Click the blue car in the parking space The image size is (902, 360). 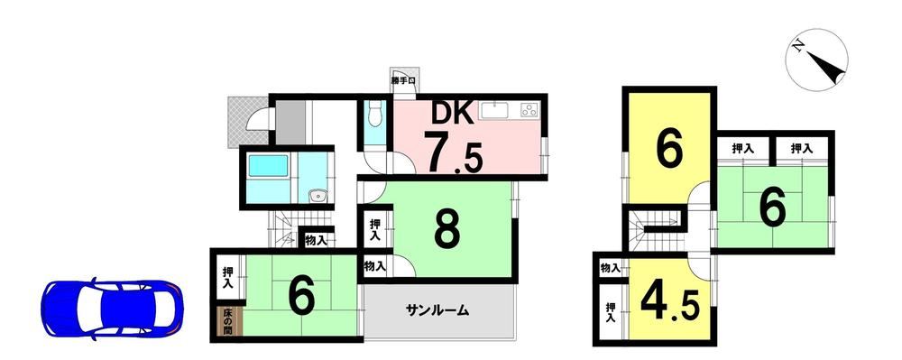pos(112,309)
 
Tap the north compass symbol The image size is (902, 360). pos(817,60)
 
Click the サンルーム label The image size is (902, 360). pos(437,311)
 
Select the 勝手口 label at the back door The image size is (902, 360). pos(404,81)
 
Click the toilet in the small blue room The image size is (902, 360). pos(374,114)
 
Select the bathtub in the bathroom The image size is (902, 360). pos(267,167)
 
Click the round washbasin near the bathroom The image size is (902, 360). pos(317,197)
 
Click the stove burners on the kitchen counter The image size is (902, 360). pos(529,110)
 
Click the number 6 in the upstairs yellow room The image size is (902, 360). pos(670,149)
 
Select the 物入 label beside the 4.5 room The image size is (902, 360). pos(611,268)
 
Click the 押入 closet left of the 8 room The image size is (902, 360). pos(375,229)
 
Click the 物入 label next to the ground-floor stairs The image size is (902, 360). pos(317,240)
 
